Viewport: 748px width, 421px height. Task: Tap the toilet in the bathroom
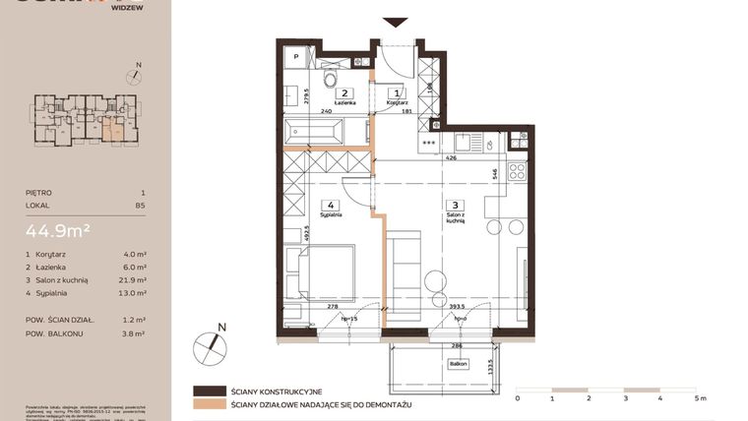332,79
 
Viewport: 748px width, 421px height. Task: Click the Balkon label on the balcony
449,363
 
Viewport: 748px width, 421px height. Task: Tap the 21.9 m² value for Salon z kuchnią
135,279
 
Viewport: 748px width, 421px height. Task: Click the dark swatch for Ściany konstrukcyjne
209,391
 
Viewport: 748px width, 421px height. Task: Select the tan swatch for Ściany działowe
209,404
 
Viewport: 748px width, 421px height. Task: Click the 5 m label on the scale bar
699,399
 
